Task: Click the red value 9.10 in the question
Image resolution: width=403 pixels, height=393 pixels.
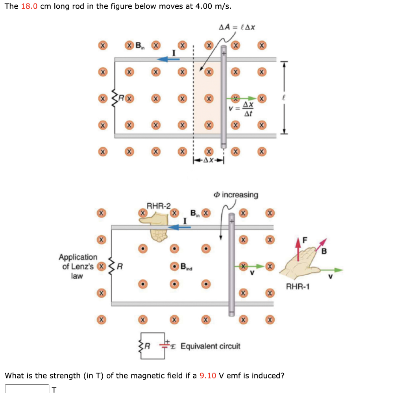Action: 208,375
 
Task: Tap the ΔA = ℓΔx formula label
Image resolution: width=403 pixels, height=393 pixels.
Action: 237,27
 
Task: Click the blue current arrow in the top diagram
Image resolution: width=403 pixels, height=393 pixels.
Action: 168,59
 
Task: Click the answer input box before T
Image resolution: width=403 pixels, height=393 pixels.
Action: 27,388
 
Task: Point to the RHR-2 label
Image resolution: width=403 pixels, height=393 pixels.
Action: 159,206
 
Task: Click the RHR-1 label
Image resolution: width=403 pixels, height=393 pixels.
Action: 298,287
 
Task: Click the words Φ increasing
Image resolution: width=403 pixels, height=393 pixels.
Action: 236,195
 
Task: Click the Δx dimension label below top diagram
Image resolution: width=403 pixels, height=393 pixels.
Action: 208,160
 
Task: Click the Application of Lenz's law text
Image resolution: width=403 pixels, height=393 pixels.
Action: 78,267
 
